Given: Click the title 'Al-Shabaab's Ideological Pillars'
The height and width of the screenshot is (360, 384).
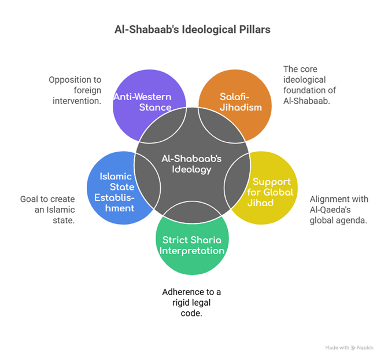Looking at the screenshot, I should click(192, 29).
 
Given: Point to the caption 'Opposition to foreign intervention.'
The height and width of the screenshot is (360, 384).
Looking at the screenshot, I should click(75, 90).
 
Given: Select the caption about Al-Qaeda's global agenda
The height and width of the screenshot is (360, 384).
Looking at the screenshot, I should click(339, 210).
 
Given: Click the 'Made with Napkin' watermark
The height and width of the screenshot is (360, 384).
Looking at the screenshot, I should click(349, 347).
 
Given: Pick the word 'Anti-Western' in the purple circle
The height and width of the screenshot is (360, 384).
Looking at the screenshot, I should click(143, 97).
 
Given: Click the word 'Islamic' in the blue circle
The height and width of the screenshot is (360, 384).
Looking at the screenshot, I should click(116, 176).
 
